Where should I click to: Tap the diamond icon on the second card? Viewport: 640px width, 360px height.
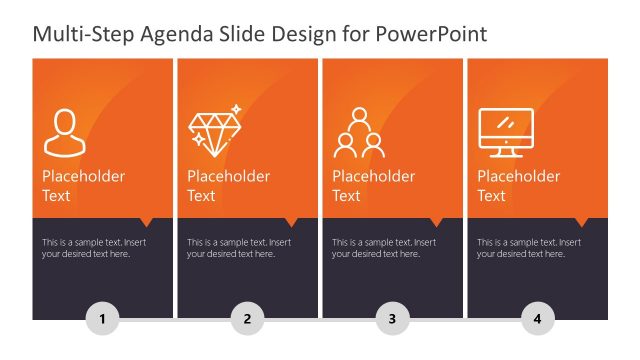pyautogui.click(x=214, y=130)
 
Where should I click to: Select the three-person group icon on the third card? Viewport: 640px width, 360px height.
pyautogui.click(x=359, y=132)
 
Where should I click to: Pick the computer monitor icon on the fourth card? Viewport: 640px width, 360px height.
pyautogui.click(x=506, y=132)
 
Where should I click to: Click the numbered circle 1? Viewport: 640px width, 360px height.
pyautogui.click(x=102, y=320)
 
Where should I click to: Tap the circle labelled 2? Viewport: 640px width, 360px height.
pyautogui.click(x=247, y=320)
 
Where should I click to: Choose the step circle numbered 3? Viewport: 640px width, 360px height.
pyautogui.click(x=392, y=320)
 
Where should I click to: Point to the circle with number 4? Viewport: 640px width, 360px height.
pyautogui.click(x=537, y=320)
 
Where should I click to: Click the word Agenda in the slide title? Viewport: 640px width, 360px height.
pyautogui.click(x=183, y=35)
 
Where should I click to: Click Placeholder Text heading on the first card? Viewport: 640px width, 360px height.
pyautogui.click(x=83, y=186)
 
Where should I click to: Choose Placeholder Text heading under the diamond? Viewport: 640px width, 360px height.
pyautogui.click(x=228, y=186)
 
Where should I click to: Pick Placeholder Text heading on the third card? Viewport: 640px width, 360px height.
pyautogui.click(x=373, y=186)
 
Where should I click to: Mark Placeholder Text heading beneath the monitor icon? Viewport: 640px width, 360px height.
pyautogui.click(x=518, y=186)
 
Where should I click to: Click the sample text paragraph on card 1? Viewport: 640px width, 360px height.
pyautogui.click(x=92, y=248)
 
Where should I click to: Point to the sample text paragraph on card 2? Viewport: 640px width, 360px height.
pyautogui.click(x=238, y=248)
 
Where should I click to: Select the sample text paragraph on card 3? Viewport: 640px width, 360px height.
pyautogui.click(x=383, y=248)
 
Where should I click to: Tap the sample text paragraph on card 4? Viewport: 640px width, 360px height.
pyautogui.click(x=528, y=248)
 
